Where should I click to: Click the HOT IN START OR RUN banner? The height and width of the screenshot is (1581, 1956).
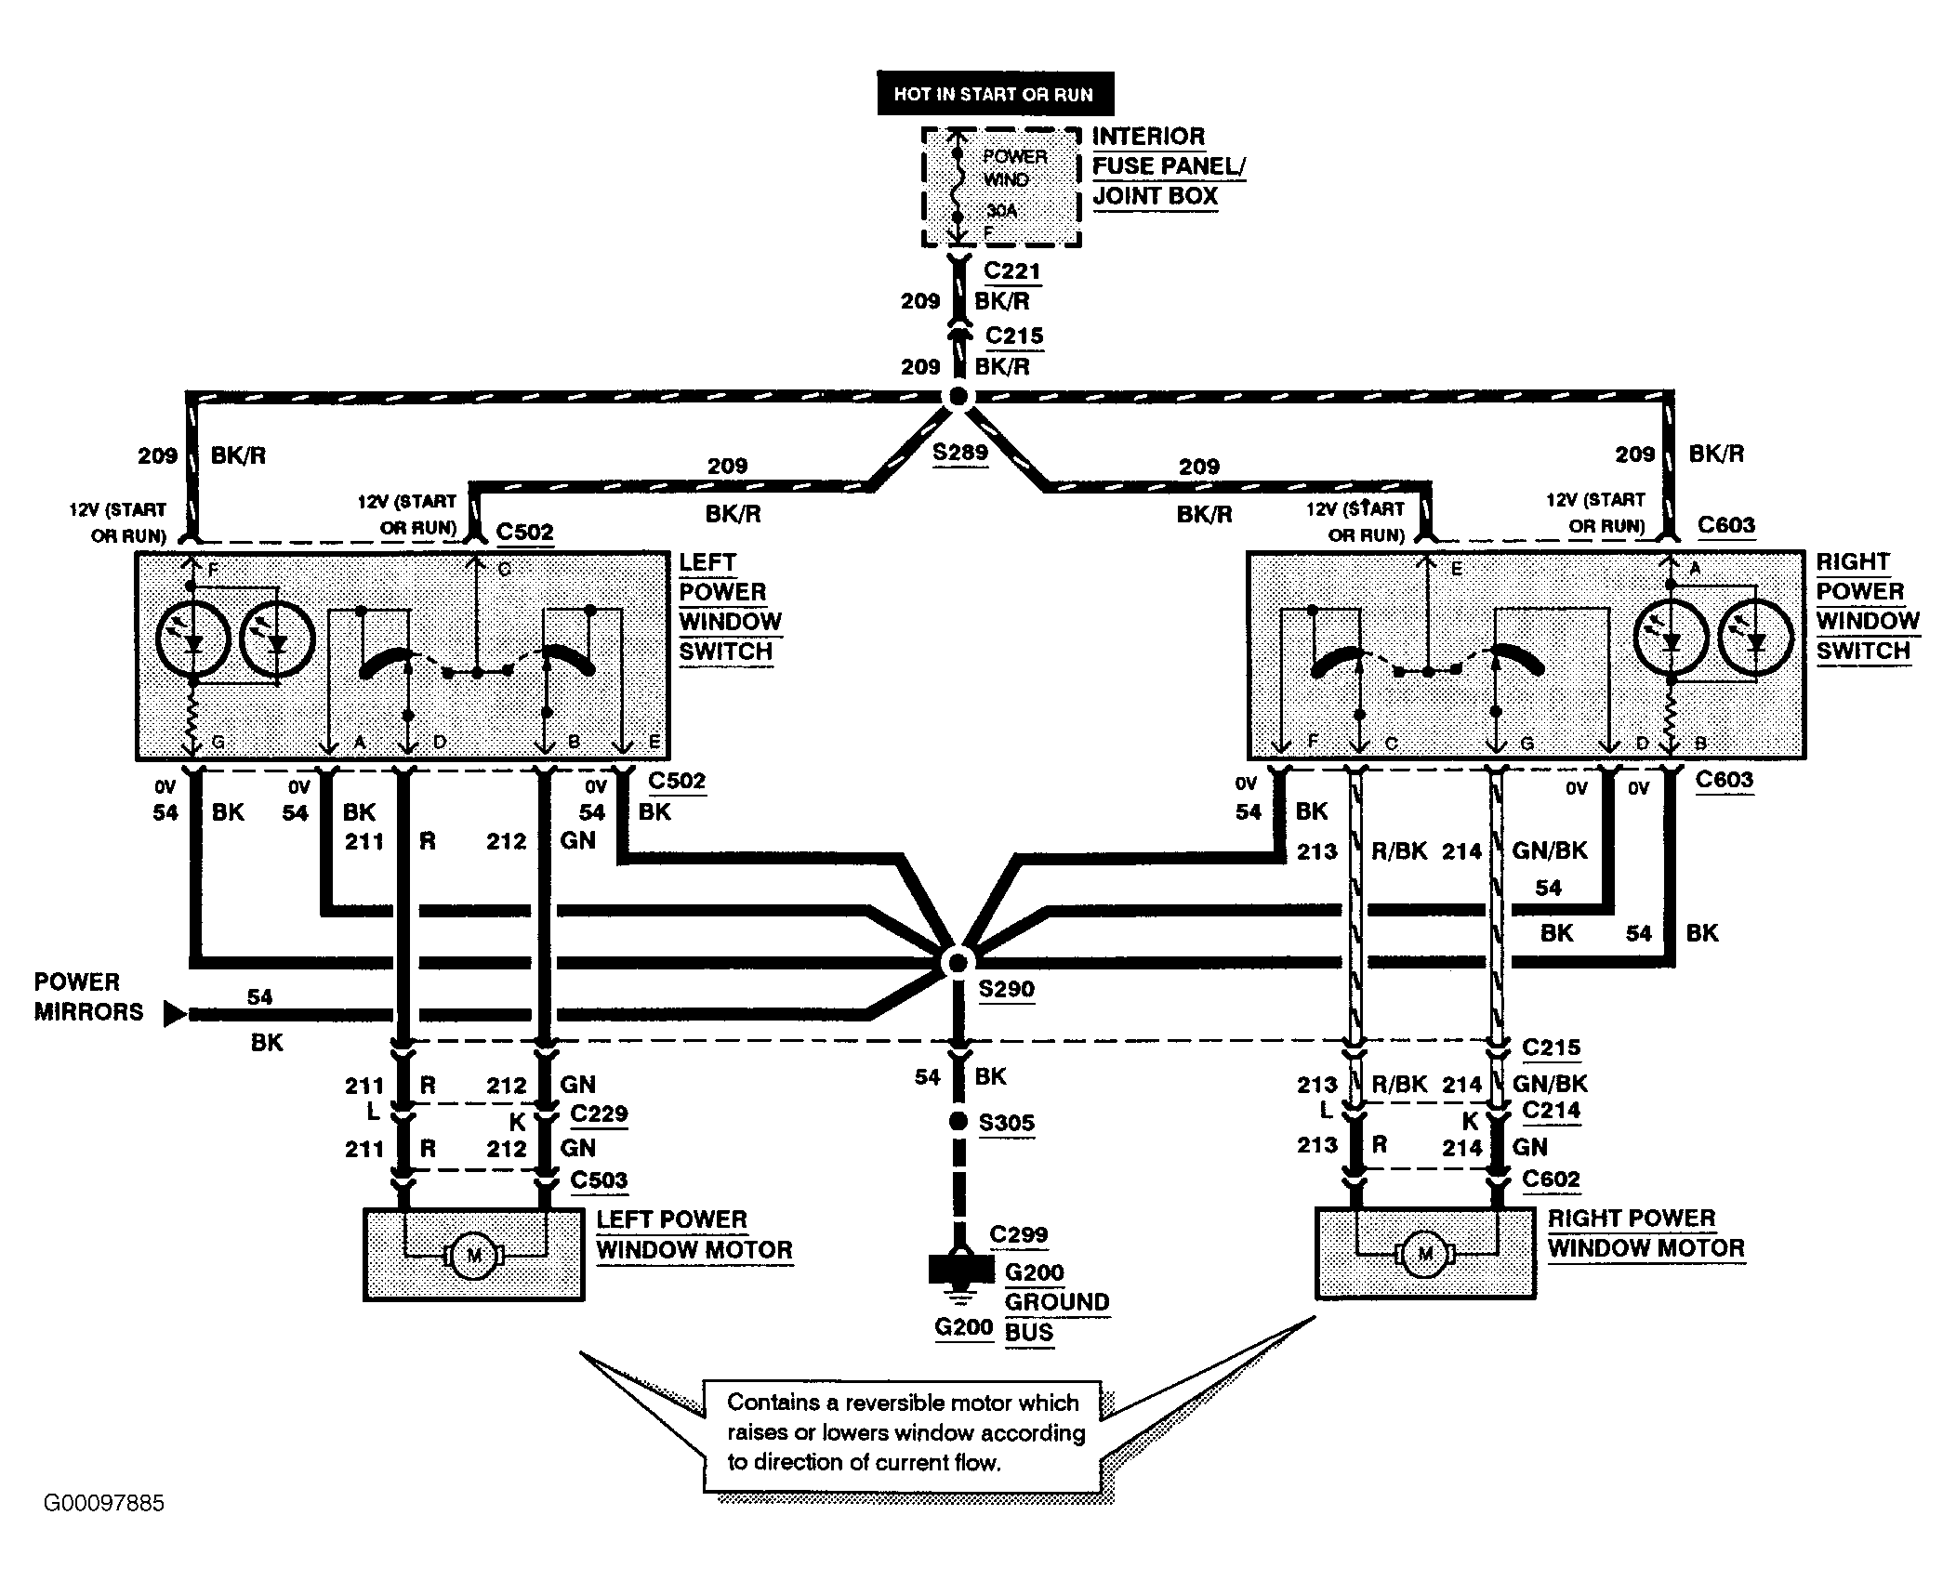pyautogui.click(x=994, y=94)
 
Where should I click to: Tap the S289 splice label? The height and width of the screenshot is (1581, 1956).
pyautogui.click(x=959, y=453)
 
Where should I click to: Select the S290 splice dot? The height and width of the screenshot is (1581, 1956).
pyautogui.click(x=957, y=962)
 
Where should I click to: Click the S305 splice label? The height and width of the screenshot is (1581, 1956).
pyautogui.click(x=1006, y=1123)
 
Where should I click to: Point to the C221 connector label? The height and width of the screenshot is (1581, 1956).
pyautogui.click(x=1011, y=271)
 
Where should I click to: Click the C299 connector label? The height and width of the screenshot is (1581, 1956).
pyautogui.click(x=1018, y=1234)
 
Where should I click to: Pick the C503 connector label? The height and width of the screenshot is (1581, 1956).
pyautogui.click(x=599, y=1179)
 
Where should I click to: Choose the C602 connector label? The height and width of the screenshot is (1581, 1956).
pyautogui.click(x=1551, y=1179)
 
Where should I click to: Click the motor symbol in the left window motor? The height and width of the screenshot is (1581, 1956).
pyautogui.click(x=474, y=1256)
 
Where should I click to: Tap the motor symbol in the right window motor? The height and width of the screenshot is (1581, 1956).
pyautogui.click(x=1425, y=1255)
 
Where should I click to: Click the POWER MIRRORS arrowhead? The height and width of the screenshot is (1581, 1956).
pyautogui.click(x=174, y=1014)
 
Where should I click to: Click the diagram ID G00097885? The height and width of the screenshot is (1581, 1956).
pyautogui.click(x=104, y=1503)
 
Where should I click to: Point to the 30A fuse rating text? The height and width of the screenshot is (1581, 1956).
pyautogui.click(x=1002, y=211)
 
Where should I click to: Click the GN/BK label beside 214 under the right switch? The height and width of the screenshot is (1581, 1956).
pyautogui.click(x=1550, y=850)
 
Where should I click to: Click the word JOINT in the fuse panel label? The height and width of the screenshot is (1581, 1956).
pyautogui.click(x=1128, y=196)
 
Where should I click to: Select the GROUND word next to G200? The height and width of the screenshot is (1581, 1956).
pyautogui.click(x=1057, y=1302)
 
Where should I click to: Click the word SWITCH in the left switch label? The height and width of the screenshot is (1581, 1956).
pyautogui.click(x=725, y=652)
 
